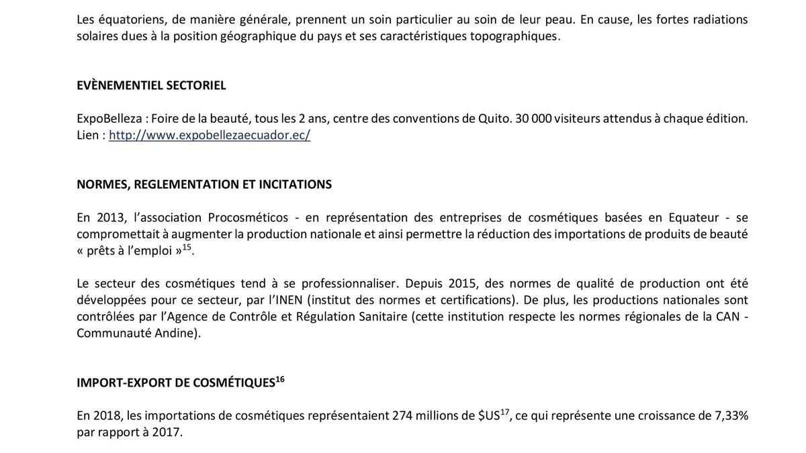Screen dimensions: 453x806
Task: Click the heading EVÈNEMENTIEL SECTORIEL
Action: [x=151, y=85]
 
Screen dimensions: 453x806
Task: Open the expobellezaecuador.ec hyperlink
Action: [x=210, y=135]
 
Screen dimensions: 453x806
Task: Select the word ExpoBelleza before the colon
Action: [x=109, y=119]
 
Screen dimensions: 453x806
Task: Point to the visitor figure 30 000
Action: [x=533, y=119]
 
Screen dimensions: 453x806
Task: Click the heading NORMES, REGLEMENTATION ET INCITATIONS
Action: [x=204, y=184]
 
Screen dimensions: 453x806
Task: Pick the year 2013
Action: [x=111, y=217]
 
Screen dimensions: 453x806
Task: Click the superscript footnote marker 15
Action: [x=187, y=247]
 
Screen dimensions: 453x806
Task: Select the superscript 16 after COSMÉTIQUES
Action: [x=280, y=379]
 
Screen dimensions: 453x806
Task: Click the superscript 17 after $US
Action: [x=506, y=412]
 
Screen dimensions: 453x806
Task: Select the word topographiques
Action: [x=514, y=36]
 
